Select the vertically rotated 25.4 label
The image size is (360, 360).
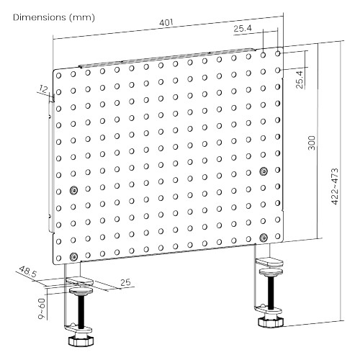[x=299, y=77]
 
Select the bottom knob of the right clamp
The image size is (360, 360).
[x=271, y=318]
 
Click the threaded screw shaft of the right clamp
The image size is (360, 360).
[x=272, y=292]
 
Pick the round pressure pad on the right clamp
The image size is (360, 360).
[x=272, y=269]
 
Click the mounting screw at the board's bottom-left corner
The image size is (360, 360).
[x=73, y=256]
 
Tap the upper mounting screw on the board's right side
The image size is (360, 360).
[x=264, y=171]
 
